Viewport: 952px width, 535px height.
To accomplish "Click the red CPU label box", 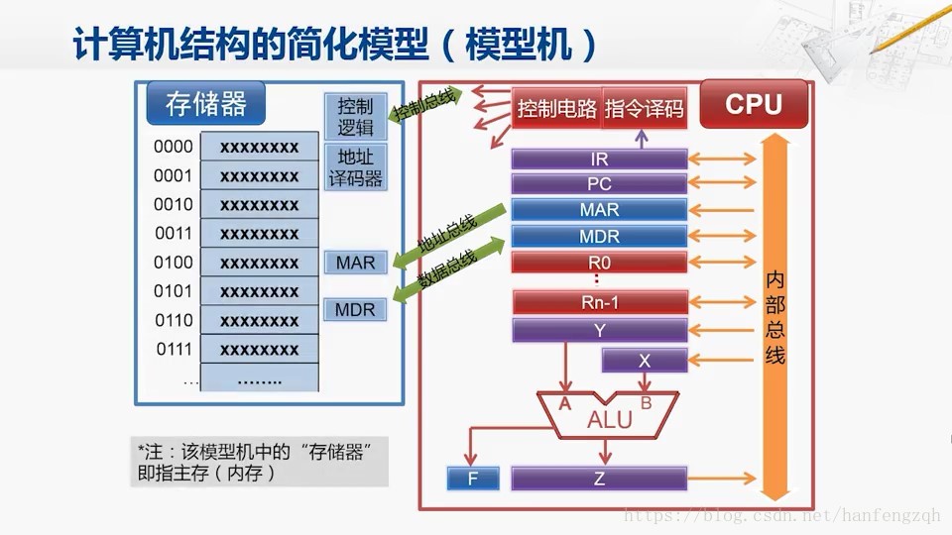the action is [754, 104].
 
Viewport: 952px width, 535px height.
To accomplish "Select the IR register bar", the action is [599, 159].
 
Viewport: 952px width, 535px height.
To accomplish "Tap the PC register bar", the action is [599, 184].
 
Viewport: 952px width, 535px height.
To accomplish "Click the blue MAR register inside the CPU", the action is [599, 210].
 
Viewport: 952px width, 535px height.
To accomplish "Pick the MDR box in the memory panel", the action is [355, 310].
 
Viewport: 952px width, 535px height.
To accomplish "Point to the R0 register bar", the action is [599, 263].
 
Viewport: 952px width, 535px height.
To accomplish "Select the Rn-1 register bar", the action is [600, 302].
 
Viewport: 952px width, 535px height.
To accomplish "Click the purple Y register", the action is [600, 331].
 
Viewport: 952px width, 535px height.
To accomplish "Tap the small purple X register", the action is [645, 361].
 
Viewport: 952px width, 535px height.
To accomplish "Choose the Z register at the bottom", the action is [599, 479].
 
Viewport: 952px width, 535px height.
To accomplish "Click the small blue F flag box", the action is [473, 479].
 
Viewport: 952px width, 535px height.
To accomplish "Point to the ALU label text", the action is [610, 419].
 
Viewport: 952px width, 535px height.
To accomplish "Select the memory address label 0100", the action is [173, 263].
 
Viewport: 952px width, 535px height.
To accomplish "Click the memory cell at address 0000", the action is [259, 147].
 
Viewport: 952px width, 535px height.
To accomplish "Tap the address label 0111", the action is [174, 350].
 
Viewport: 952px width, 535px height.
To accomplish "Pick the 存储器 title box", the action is [206, 104].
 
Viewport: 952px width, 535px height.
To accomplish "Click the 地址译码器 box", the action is [355, 167].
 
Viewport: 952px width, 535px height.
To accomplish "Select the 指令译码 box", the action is [645, 109].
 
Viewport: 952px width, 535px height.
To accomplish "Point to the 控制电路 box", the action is [556, 109].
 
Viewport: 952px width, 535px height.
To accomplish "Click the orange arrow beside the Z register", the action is [721, 479].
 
